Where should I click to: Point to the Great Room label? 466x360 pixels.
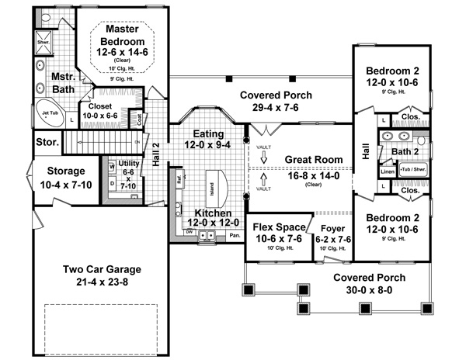(314, 159)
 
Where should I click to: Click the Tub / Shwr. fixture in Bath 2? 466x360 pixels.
(413, 168)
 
